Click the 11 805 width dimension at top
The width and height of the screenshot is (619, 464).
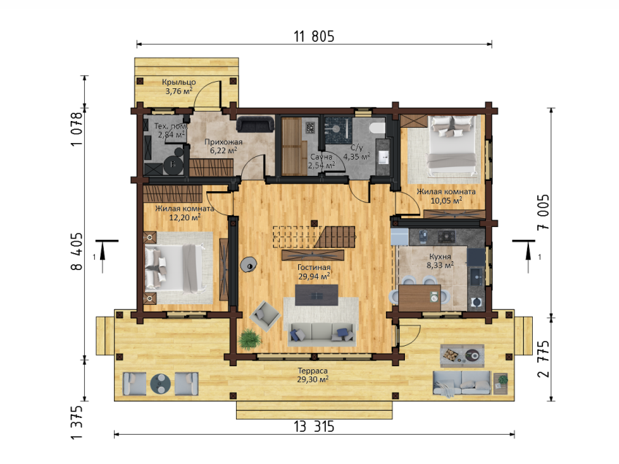[x=314, y=36]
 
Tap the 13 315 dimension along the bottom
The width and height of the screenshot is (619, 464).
[x=314, y=426]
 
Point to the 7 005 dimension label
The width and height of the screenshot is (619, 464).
[x=543, y=212]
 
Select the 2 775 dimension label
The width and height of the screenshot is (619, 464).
[x=543, y=359]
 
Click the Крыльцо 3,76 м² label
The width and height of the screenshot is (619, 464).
[x=179, y=87]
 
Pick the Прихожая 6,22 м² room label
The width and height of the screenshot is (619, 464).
[x=224, y=146]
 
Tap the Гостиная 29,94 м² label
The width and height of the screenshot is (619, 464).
[x=314, y=271]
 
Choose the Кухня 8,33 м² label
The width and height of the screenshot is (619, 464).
[x=440, y=260]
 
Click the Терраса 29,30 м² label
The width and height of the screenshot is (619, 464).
[x=313, y=375]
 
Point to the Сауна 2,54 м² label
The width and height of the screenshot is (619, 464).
[x=321, y=161]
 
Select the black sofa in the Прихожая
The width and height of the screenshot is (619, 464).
[x=255, y=124]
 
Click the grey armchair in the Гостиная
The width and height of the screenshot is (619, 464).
[x=265, y=316]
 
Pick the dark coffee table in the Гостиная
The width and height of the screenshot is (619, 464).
[x=316, y=295]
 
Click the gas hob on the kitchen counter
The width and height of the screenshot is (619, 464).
[x=447, y=236]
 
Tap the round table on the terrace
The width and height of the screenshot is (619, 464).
[x=160, y=384]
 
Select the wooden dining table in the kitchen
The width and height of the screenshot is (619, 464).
[x=419, y=298]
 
